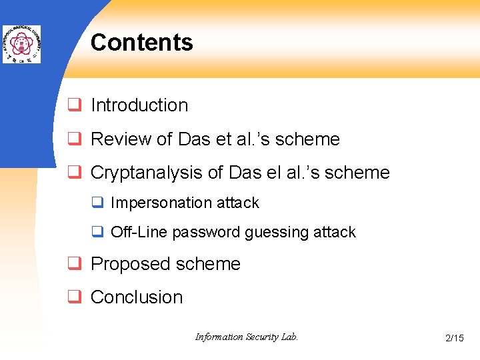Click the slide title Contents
click(141, 43)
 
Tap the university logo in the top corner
click(21, 45)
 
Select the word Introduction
click(139, 105)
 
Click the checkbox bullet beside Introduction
click(75, 105)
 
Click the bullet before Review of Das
click(75, 139)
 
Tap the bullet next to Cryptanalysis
click(75, 173)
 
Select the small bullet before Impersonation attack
click(97, 203)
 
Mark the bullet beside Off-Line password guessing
click(97, 232)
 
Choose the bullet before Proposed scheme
click(75, 264)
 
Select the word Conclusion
click(136, 297)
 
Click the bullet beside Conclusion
click(75, 297)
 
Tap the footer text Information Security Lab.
click(246, 337)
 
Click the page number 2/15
click(454, 339)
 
